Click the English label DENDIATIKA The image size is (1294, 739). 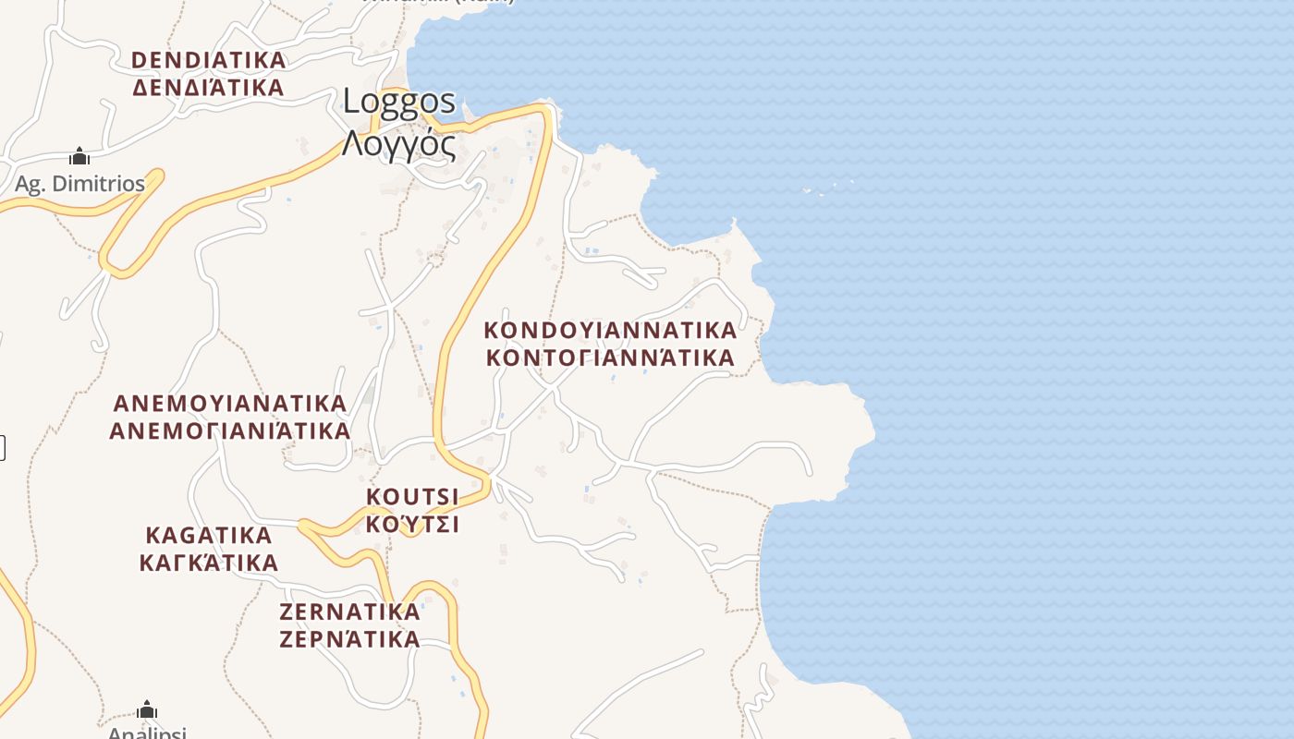(x=208, y=60)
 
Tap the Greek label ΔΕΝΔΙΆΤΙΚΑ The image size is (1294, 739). (x=208, y=88)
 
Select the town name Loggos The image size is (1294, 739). (x=399, y=101)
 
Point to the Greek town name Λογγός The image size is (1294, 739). (x=399, y=144)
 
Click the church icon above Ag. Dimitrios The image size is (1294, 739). (x=79, y=156)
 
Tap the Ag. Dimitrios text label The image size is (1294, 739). (x=79, y=184)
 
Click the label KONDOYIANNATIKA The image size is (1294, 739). (x=610, y=330)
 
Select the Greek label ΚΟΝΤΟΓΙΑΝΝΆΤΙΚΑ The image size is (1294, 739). (x=610, y=357)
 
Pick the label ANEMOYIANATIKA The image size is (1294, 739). (x=229, y=404)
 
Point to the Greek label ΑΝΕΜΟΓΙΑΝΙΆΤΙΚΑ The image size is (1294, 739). (x=229, y=431)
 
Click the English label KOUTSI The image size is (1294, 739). (x=412, y=497)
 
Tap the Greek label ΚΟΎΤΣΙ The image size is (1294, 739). (x=412, y=525)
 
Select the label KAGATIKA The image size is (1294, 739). (x=209, y=536)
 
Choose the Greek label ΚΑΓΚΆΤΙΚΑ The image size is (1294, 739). (x=209, y=563)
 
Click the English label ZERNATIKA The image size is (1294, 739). (x=349, y=612)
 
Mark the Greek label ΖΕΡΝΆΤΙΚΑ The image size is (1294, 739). (x=349, y=638)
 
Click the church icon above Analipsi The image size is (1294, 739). (x=147, y=709)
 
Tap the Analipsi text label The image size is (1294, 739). (x=147, y=733)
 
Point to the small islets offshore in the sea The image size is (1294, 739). (x=828, y=188)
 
